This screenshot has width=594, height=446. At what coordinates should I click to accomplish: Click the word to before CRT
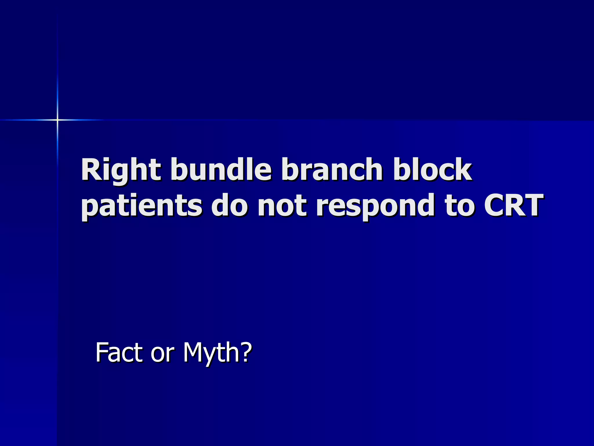pyautogui.click(x=460, y=206)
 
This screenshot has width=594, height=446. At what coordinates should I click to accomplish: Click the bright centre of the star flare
pyautogui.click(x=57, y=120)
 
